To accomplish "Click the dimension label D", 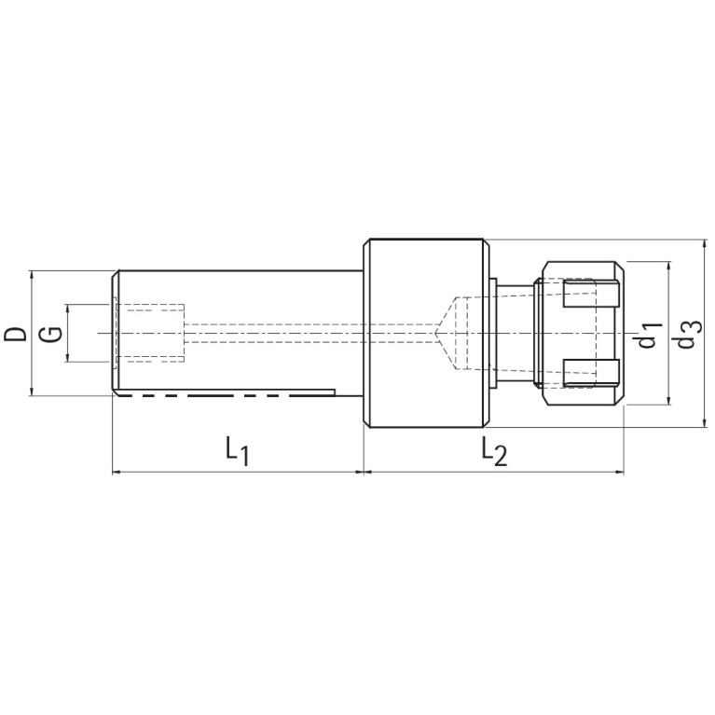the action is (x=15, y=334).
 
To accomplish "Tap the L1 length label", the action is (x=237, y=451).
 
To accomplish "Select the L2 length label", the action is (x=495, y=451).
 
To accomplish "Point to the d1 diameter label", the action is (x=650, y=335).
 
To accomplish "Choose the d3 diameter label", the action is (x=688, y=335).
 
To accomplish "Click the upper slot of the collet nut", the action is (x=591, y=295).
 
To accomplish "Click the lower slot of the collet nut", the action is (x=591, y=373).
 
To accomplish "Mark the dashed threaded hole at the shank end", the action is (x=150, y=334).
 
